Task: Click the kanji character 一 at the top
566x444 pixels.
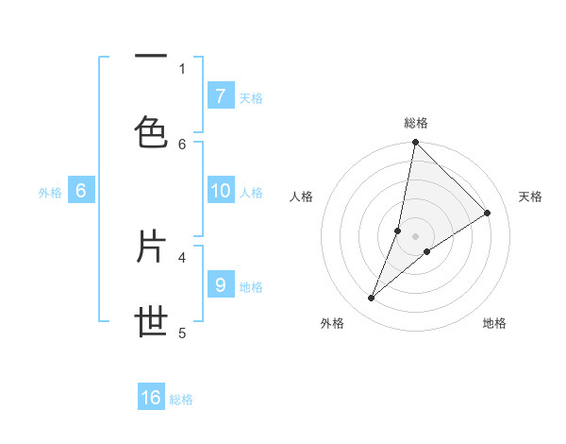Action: click(151, 58)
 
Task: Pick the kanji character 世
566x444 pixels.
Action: click(151, 321)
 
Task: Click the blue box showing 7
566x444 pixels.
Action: click(220, 95)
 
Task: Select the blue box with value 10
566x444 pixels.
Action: click(220, 191)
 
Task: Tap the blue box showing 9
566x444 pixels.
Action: click(220, 284)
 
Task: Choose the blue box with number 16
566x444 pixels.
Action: click(151, 398)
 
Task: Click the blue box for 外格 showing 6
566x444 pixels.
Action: click(81, 191)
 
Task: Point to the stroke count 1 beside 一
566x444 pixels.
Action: click(182, 68)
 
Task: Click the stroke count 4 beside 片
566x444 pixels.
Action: click(182, 256)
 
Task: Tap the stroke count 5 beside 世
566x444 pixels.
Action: click(182, 333)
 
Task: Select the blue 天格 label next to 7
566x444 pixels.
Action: click(251, 97)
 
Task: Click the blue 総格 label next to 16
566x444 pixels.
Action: click(181, 400)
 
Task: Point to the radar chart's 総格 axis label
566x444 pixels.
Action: click(415, 123)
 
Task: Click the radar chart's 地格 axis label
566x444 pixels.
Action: click(494, 323)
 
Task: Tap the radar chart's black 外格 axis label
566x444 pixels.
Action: click(332, 323)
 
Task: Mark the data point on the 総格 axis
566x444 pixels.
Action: click(415, 143)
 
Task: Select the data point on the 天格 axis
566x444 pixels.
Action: click(488, 213)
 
